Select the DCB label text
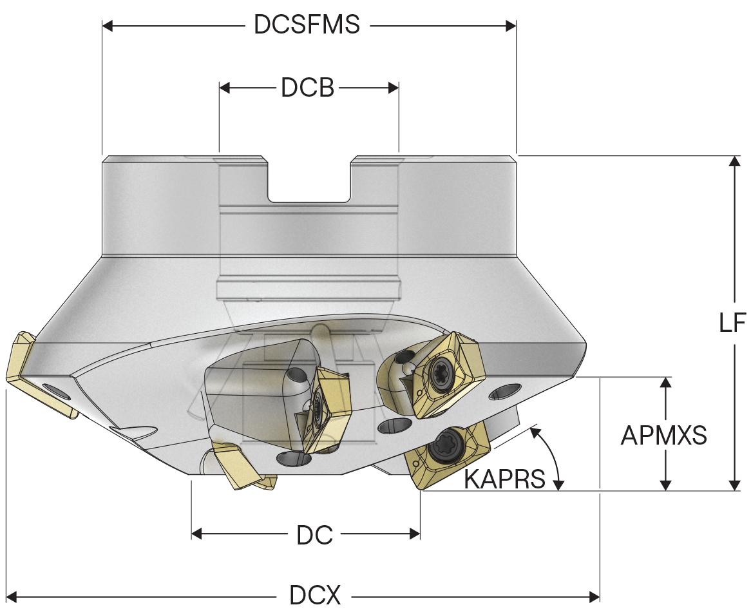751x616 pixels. tap(307, 88)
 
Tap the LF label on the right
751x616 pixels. tap(732, 322)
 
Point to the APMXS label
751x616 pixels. tap(663, 436)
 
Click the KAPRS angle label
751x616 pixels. tap(504, 479)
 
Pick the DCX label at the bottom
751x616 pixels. tap(314, 597)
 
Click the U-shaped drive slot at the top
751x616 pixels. tap(309, 180)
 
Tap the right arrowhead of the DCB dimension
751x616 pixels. tap(394, 88)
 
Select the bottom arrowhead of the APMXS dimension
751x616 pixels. tap(667, 484)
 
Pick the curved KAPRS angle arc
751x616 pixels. tap(551, 454)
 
